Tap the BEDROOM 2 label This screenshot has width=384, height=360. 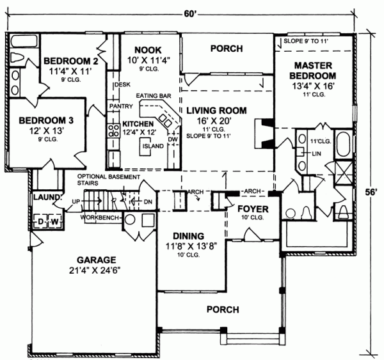(x=70, y=61)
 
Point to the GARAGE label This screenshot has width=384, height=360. (x=96, y=260)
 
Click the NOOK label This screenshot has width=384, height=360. (x=148, y=50)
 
